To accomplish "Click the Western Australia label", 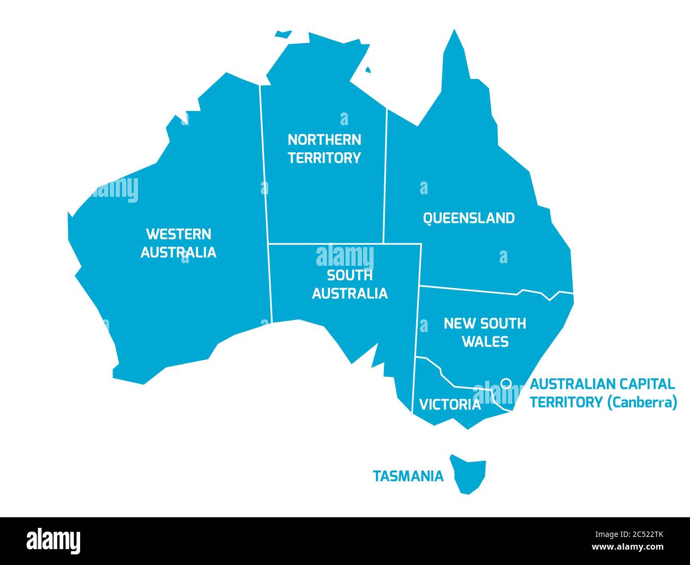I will pos(178,243).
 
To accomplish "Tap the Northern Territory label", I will pos(324,149).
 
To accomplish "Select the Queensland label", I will pos(469,218).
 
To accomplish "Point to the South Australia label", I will pos(350,284).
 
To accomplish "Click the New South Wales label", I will pos(485,332).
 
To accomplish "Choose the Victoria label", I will pos(450,405).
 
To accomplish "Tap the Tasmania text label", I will pos(408,476).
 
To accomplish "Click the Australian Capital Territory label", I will pos(603,393).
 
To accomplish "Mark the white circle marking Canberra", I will pos(506,383).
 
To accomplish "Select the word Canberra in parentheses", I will pos(642,402).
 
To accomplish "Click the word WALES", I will pos(485,342).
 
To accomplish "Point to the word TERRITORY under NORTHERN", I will pos(324,158).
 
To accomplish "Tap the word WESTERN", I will pos(178,234).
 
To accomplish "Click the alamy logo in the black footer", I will pos(54,541).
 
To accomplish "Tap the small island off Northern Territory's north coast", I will pos(283,34).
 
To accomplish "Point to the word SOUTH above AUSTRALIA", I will pos(350,275).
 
